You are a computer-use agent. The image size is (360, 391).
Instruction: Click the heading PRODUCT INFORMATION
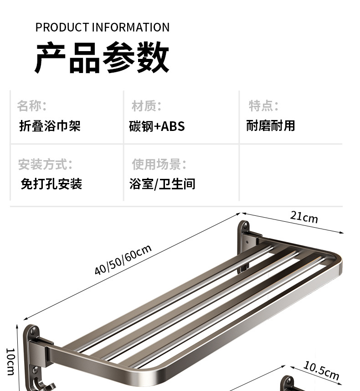click(x=103, y=27)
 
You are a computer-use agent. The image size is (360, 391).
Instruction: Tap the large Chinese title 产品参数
click(x=103, y=58)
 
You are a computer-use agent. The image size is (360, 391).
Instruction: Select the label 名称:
click(x=32, y=106)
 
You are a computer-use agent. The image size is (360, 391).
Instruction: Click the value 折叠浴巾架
click(x=50, y=126)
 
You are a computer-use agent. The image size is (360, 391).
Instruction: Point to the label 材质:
click(x=147, y=106)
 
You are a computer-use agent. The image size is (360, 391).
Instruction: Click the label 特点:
click(x=263, y=106)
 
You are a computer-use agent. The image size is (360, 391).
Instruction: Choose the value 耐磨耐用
click(x=271, y=126)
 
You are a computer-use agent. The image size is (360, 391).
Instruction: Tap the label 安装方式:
click(x=45, y=164)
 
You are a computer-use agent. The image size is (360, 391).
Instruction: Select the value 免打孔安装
click(x=51, y=184)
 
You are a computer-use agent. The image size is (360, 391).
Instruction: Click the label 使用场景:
click(x=159, y=164)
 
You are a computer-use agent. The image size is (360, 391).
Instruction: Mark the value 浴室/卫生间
click(x=162, y=184)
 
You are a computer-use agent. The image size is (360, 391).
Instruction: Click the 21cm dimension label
click(x=304, y=217)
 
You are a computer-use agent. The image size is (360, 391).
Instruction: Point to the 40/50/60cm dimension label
click(x=123, y=260)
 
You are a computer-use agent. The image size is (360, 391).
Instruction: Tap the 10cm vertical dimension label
click(x=10, y=361)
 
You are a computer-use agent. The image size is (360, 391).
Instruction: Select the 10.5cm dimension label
click(x=321, y=370)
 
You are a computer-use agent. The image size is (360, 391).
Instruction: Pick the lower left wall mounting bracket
click(x=33, y=344)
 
